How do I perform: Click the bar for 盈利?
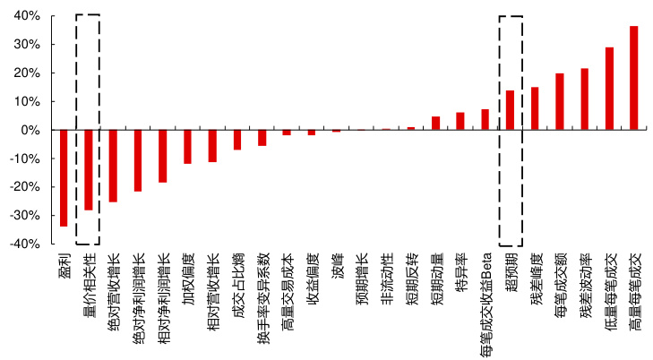64,178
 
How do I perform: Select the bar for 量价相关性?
89,170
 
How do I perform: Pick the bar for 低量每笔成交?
609,89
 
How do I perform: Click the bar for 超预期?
510,110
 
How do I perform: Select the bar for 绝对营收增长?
113,166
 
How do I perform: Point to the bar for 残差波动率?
584,99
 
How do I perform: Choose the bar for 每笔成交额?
559,102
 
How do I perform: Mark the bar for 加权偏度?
187,147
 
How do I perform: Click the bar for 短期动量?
435,124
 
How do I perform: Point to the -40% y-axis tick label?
25,244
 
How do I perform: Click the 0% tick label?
30,130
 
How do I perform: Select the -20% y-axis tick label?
25,187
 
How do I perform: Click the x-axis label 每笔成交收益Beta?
485,300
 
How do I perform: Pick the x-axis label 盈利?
64,266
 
